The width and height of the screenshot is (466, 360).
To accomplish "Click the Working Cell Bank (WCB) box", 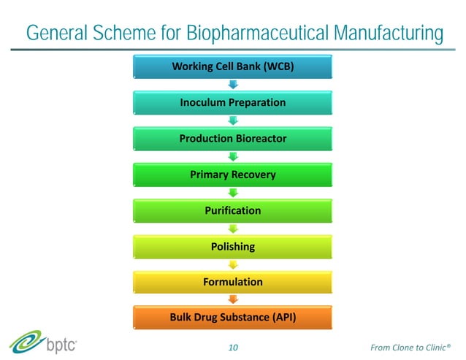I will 233,67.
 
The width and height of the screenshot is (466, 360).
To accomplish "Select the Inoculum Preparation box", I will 233,103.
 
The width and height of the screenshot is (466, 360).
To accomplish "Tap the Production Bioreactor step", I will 233,139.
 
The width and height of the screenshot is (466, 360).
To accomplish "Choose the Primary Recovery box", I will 233,175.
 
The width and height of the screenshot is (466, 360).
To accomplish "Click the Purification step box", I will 233,210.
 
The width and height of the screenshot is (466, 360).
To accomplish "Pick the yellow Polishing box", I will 233,246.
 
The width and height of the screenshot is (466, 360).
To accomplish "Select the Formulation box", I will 233,282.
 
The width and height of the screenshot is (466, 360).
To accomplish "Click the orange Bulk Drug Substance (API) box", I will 233,318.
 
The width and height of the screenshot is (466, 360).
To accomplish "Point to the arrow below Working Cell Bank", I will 233,85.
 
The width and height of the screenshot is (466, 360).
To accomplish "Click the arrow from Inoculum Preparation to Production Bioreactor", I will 233,120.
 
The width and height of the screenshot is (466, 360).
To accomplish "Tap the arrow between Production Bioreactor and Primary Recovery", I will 233,156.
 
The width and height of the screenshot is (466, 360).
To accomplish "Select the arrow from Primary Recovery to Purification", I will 233,192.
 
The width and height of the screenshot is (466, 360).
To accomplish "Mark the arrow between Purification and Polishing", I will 233,228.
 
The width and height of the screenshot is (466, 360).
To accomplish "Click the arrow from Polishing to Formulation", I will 233,264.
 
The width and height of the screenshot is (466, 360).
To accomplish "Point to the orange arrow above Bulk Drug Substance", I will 233,299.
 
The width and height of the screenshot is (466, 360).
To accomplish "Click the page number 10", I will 234,347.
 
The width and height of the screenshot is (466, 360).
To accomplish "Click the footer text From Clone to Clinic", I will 410,347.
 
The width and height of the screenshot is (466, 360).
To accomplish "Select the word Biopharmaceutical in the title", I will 259,34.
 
